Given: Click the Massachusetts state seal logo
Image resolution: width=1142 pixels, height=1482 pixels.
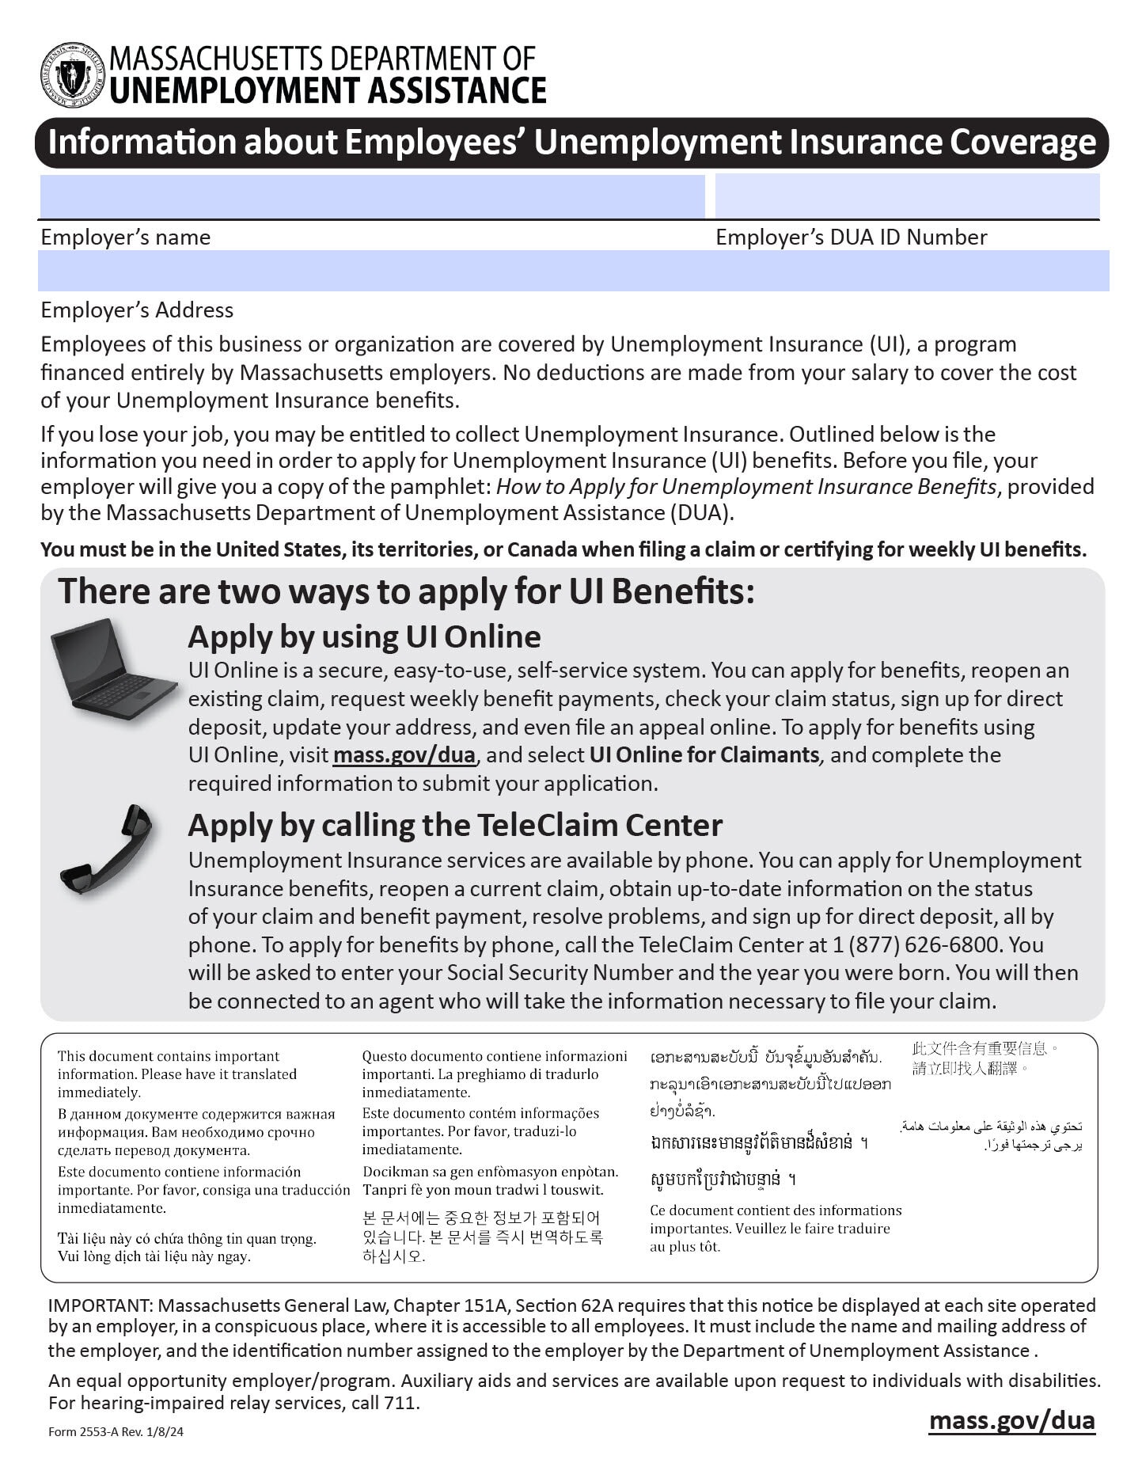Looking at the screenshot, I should [72, 75].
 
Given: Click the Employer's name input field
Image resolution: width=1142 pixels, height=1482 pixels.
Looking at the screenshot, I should [372, 196].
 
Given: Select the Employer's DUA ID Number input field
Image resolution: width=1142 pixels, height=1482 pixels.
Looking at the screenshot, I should [907, 196].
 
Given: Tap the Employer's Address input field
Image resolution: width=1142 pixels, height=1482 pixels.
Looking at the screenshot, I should [573, 271].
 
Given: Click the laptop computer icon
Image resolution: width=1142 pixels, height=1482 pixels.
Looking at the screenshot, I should [112, 670].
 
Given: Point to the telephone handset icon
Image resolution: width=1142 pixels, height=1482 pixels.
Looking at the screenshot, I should [106, 849].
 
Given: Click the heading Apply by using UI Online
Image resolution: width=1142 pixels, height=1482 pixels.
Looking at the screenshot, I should [364, 636].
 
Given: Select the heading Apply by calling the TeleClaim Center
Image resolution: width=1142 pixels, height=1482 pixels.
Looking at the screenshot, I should [455, 825].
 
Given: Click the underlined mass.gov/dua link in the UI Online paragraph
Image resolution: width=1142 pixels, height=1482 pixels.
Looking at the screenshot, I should [404, 755].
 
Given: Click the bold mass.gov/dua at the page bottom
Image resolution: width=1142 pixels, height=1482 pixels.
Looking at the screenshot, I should [1011, 1419].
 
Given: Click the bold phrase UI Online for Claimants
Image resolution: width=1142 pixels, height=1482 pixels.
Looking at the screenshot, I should [704, 755].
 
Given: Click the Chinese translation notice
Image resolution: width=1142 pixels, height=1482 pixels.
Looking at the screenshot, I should [984, 1058].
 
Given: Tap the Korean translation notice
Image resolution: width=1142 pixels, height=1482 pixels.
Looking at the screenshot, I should [482, 1236].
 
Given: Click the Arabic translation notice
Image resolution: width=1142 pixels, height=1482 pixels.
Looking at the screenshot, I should [992, 1135].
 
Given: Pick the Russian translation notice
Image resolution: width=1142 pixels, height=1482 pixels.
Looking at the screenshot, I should [195, 1132].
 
